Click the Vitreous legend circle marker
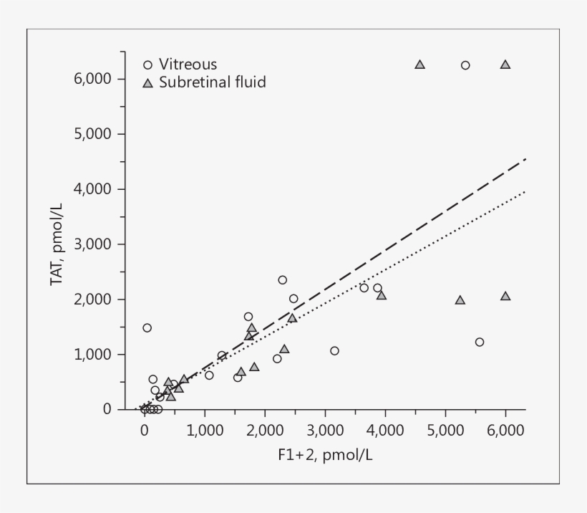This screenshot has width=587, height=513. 147,64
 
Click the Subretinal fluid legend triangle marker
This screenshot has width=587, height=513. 147,83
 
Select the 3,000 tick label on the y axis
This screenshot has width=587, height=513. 92,244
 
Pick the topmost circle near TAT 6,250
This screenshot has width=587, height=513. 465,65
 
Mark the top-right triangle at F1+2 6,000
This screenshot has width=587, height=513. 505,64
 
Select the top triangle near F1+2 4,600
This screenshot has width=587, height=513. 420,64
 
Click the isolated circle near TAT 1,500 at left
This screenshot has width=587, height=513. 147,327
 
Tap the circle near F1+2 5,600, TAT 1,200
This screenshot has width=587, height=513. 480,342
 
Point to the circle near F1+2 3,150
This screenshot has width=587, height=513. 334,350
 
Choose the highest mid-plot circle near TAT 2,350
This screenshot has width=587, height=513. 282,279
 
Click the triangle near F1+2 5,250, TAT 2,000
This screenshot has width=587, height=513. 460,300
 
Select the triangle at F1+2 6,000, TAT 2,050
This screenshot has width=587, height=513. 505,296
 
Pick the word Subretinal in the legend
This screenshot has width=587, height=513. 188,82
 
